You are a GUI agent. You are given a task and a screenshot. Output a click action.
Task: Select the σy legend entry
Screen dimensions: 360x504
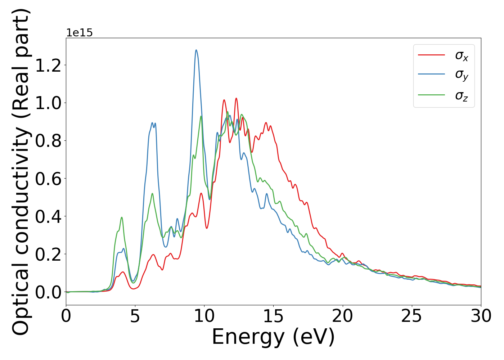pyautogui.click(x=461, y=75)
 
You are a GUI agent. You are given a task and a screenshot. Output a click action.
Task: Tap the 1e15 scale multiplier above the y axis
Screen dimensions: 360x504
pyautogui.click(x=79, y=33)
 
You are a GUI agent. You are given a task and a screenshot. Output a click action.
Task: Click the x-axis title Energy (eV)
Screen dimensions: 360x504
pyautogui.click(x=273, y=337)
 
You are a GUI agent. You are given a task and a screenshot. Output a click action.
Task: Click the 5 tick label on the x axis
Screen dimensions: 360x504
pyautogui.click(x=135, y=316)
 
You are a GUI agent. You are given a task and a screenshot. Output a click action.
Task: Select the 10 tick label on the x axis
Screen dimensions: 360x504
pyautogui.click(x=204, y=316)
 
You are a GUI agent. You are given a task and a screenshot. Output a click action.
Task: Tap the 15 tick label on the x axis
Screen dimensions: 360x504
pyautogui.click(x=273, y=316)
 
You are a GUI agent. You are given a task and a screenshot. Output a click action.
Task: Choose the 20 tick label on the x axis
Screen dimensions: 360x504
pyautogui.click(x=342, y=316)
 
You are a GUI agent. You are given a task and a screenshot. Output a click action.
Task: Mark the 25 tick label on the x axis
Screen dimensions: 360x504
pyautogui.click(x=411, y=316)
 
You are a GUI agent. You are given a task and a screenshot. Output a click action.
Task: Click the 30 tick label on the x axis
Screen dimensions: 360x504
pyautogui.click(x=481, y=316)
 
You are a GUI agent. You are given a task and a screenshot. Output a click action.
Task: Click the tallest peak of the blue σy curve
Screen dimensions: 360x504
pyautogui.click(x=196, y=50)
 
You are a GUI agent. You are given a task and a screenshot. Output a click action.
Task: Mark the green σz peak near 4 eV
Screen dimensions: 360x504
pyautogui.click(x=122, y=217)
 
